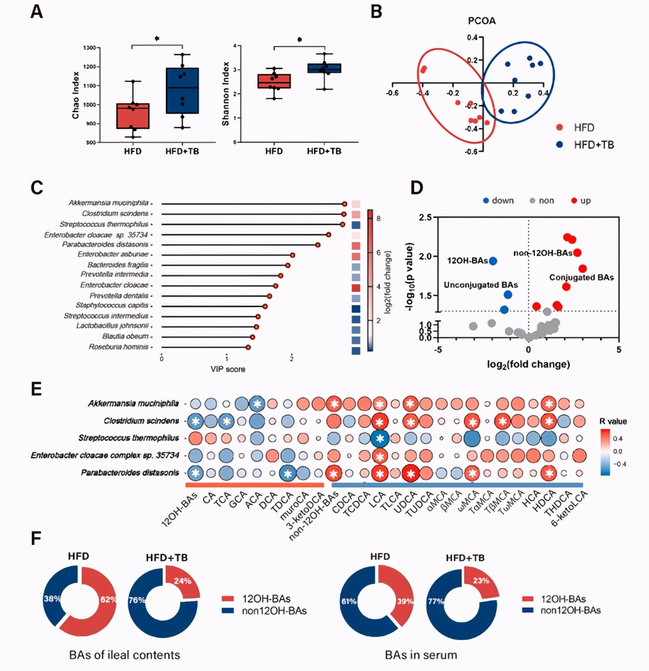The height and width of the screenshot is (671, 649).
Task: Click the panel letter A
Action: tap(37, 11)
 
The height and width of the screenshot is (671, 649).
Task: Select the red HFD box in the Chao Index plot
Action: tap(133, 116)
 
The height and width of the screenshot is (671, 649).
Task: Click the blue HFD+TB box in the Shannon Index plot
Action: tap(324, 69)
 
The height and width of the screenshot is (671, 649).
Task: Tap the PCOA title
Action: tap(481, 21)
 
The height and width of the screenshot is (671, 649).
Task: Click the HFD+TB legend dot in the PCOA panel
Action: tap(560, 145)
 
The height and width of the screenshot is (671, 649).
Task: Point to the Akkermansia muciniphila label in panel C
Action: tap(109, 203)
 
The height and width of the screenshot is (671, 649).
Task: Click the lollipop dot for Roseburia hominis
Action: tap(248, 347)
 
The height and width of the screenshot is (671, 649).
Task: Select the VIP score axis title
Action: tap(228, 369)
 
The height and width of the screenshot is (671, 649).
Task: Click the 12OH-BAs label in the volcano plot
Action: tap(467, 261)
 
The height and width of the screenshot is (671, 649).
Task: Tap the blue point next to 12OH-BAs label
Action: tap(493, 261)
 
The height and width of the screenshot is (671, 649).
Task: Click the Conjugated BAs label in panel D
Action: tap(581, 278)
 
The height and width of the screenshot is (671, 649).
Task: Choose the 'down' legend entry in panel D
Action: tap(498, 200)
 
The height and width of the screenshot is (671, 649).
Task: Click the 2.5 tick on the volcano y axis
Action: tap(425, 218)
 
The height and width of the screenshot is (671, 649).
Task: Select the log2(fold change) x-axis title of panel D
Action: tap(528, 364)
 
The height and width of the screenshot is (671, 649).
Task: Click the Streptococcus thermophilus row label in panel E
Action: tap(129, 438)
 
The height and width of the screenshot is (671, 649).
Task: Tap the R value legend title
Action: tap(612, 421)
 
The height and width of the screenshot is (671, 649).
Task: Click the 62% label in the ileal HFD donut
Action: tap(108, 599)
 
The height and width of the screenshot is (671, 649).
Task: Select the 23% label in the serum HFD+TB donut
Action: tap(481, 581)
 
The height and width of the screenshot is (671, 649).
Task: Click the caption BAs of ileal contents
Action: tap(124, 655)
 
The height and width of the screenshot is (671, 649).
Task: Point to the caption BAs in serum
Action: tap(421, 655)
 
